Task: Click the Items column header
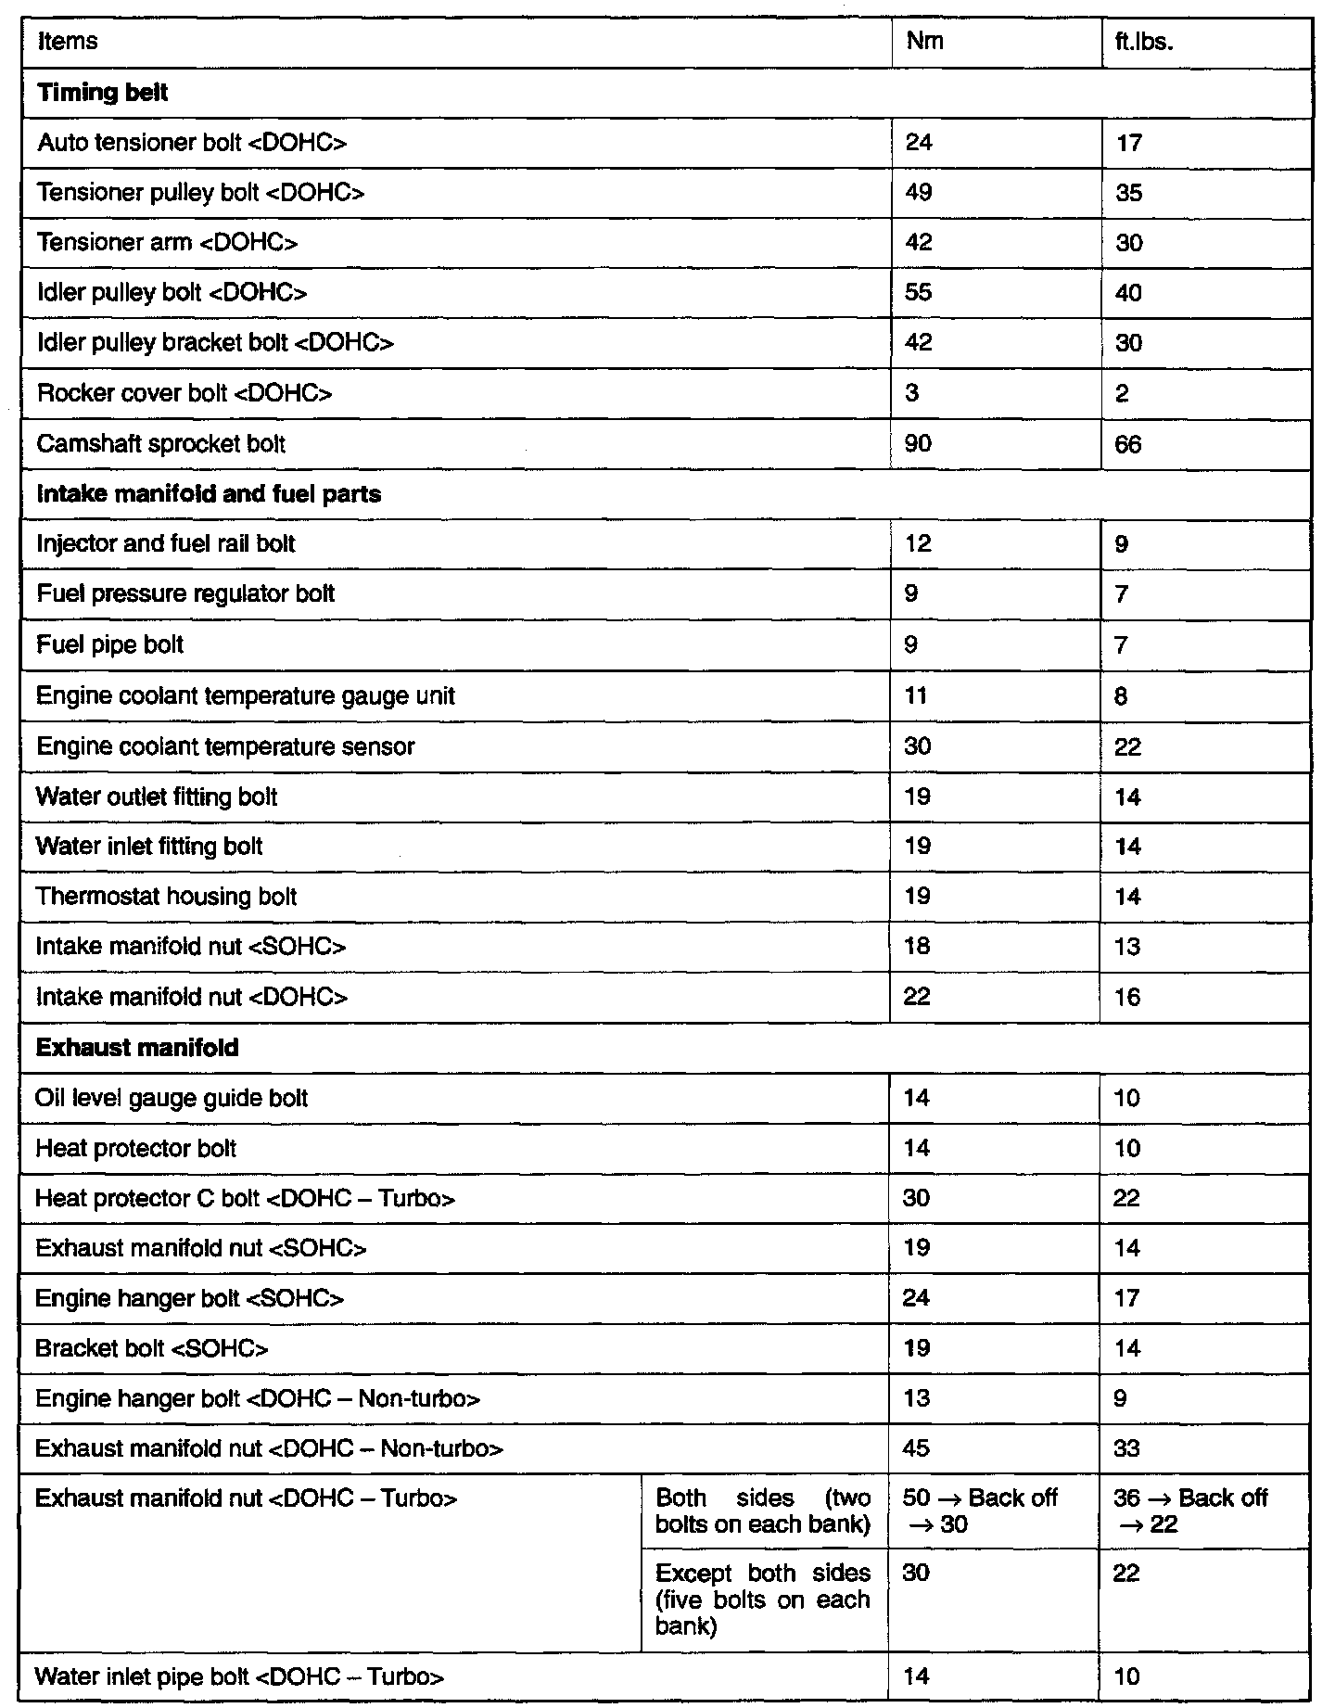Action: pos(68,42)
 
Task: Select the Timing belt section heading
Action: pos(102,93)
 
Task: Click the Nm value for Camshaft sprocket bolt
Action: pos(919,443)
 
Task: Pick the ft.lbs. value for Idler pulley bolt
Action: pos(1128,293)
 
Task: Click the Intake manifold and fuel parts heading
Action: pos(209,493)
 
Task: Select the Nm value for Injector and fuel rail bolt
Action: pos(918,543)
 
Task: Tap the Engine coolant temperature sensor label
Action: pos(224,746)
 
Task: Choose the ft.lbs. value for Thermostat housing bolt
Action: pos(1127,897)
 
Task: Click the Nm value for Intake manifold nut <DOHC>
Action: pos(917,997)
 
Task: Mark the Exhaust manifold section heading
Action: pos(136,1048)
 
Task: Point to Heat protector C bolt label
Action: pos(245,1199)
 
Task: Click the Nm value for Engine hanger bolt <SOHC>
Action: pos(916,1298)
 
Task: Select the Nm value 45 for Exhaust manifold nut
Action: pos(916,1448)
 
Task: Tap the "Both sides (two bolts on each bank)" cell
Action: pos(762,1511)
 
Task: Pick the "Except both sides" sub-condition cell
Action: pos(762,1600)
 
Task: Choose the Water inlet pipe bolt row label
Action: pos(239,1676)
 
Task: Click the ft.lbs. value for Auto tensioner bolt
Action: pos(1128,143)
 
